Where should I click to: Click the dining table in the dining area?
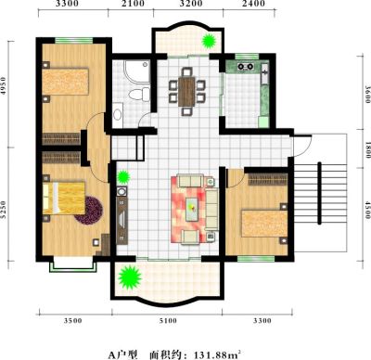(186, 92)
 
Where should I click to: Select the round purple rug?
(89, 211)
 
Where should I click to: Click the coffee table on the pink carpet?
(193, 209)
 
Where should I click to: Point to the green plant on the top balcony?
(209, 41)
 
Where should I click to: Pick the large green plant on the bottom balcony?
(130, 277)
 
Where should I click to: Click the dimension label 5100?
(168, 321)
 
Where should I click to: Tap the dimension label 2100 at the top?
(132, 4)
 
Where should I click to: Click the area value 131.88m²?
(217, 354)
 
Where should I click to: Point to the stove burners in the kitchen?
(245, 66)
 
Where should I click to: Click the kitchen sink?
(265, 73)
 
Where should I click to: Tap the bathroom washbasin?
(117, 114)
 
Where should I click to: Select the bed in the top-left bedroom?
(66, 82)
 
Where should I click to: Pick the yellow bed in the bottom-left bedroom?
(64, 198)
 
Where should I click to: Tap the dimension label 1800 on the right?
(367, 149)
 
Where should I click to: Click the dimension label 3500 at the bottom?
(73, 321)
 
